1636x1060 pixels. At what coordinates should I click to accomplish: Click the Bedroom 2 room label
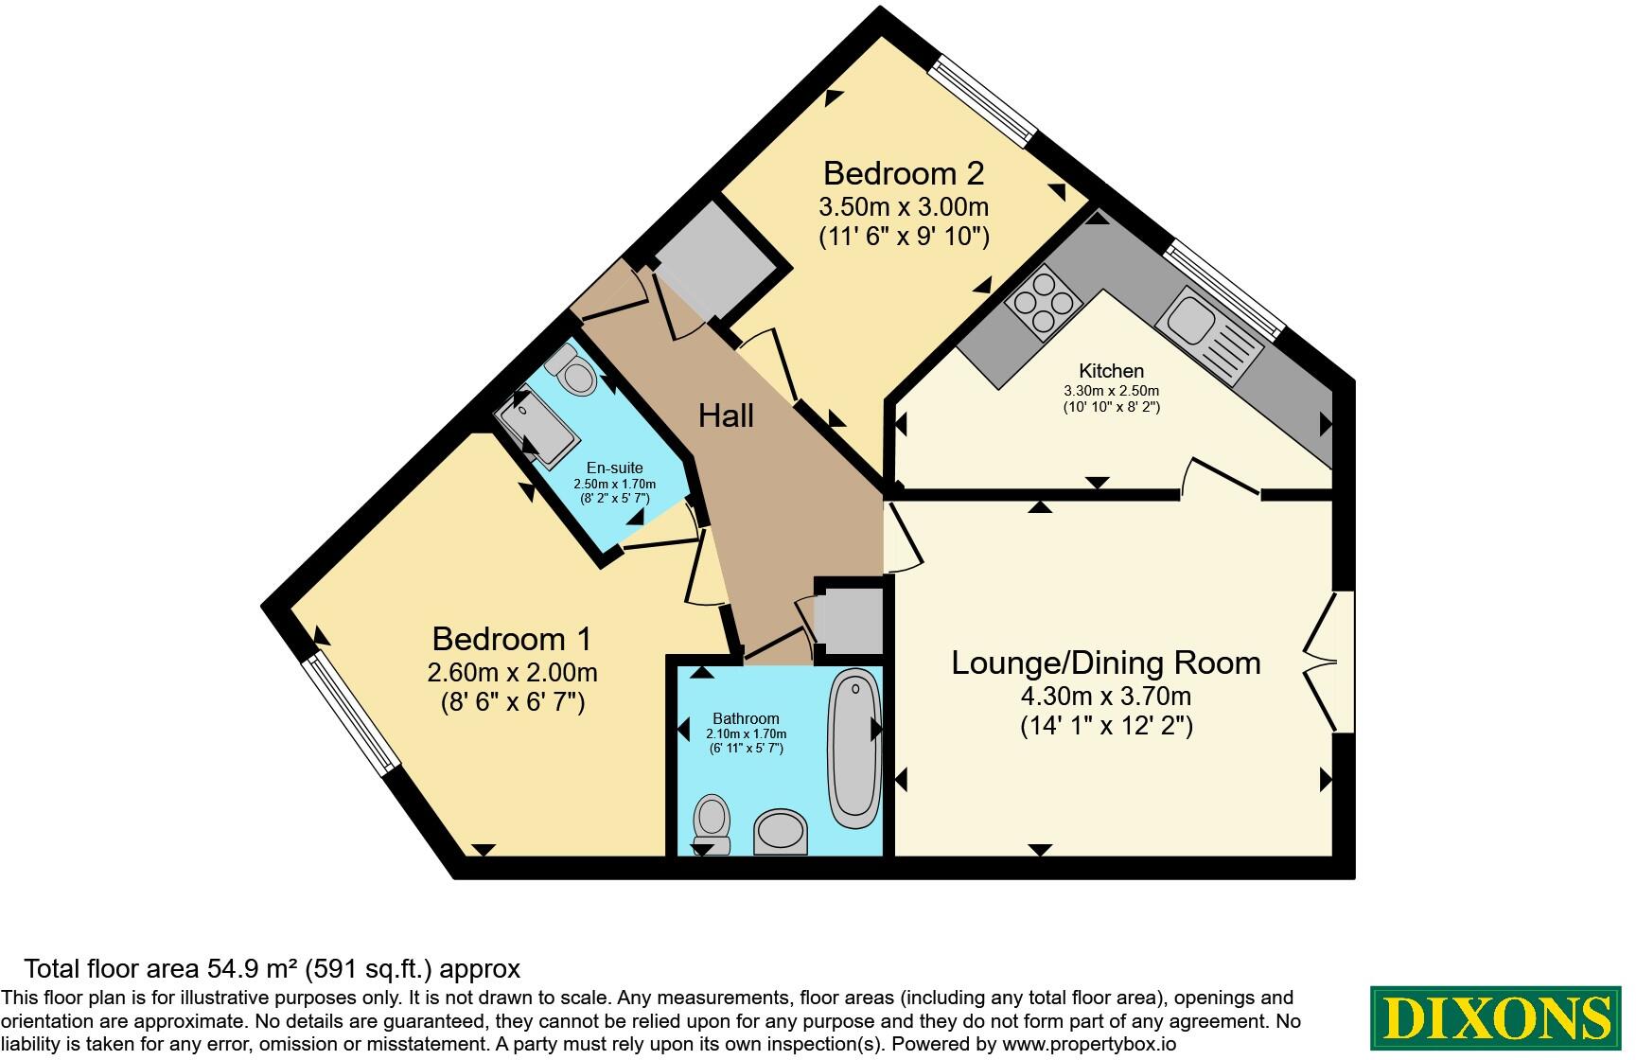click(904, 173)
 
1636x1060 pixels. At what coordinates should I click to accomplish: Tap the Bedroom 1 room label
click(512, 639)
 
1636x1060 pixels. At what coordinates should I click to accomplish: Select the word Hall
click(726, 415)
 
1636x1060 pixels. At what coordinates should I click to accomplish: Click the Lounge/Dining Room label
click(1106, 662)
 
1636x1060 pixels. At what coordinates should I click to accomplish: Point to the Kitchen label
click(1112, 371)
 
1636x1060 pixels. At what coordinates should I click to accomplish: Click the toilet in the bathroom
click(711, 824)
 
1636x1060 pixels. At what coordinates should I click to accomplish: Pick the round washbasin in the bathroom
click(782, 832)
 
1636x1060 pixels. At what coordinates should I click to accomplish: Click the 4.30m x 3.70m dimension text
click(1106, 697)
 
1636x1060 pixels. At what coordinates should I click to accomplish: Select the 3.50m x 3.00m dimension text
click(904, 205)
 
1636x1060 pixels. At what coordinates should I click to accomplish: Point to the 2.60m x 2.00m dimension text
click(512, 672)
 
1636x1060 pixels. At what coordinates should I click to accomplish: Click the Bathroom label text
click(747, 718)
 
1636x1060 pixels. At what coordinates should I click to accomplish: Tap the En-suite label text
click(614, 468)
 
